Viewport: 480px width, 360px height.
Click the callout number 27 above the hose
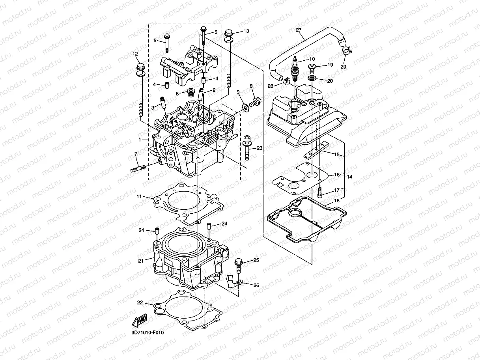[x=298, y=30]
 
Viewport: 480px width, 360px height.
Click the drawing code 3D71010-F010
[x=148, y=332]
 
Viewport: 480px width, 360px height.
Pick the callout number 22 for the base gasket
[x=140, y=303]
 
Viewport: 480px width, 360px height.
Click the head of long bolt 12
[x=139, y=67]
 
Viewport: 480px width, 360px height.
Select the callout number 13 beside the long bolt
[x=246, y=31]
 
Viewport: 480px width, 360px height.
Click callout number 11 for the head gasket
[x=139, y=196]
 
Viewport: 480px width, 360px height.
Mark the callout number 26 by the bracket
[x=256, y=285]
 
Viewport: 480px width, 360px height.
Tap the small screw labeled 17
[x=320, y=193]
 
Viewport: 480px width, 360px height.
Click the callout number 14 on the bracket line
[x=350, y=177]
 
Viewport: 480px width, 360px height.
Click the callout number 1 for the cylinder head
[x=140, y=140]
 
